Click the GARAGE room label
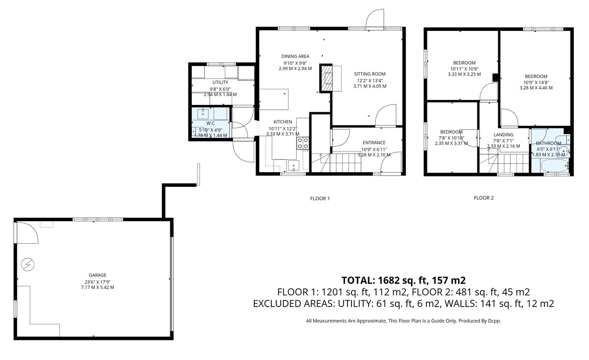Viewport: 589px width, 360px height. (x=98, y=275)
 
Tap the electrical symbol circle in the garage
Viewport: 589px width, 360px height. (x=27, y=264)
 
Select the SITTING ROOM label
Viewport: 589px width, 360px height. (x=370, y=74)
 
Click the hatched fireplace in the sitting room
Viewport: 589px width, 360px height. (x=326, y=78)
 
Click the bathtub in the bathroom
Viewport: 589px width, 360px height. (x=555, y=166)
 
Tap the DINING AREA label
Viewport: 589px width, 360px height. (x=295, y=56)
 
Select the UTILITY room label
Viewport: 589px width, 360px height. (x=220, y=82)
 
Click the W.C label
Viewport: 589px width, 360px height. (x=211, y=123)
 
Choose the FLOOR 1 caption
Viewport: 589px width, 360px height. (x=320, y=199)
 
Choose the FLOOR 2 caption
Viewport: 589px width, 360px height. (x=483, y=198)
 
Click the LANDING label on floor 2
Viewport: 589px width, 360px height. (x=504, y=134)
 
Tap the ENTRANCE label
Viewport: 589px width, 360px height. (x=374, y=143)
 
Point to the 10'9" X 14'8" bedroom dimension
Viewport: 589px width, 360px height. (x=536, y=82)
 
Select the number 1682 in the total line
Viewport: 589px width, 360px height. (x=389, y=281)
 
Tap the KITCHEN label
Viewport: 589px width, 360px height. (x=283, y=122)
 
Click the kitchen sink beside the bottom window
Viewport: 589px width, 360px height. (x=294, y=166)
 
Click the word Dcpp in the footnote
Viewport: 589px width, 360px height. (x=494, y=321)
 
